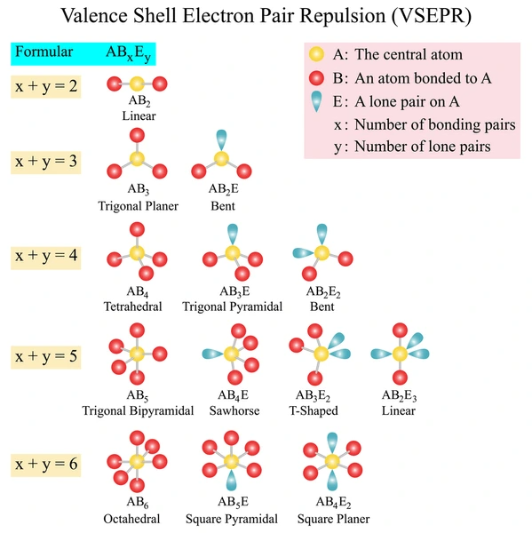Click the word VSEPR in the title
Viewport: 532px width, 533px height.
pos(432,16)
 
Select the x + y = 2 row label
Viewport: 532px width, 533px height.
pos(46,86)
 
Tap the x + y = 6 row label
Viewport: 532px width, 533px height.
pos(46,465)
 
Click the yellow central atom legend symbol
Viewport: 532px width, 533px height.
pos(316,54)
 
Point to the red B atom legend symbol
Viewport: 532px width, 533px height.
pos(316,78)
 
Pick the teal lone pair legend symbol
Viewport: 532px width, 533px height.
pos(316,101)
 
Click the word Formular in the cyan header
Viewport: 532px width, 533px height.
pos(44,52)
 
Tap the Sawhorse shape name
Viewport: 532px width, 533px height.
pos(234,410)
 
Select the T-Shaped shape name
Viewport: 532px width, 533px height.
pos(314,410)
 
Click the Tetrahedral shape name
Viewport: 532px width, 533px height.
pos(132,306)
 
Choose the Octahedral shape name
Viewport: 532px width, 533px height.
pos(131,519)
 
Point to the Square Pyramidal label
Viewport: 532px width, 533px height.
pos(232,519)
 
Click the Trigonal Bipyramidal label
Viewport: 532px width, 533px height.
pos(138,410)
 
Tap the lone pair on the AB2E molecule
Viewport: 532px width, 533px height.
pos(221,139)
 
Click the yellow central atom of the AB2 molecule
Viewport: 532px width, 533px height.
pos(137,84)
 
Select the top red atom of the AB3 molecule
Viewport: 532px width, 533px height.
pos(137,135)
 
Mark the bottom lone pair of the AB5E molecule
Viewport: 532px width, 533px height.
pos(231,481)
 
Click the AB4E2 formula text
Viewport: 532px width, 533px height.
pos(333,502)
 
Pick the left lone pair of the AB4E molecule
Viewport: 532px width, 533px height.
pos(213,354)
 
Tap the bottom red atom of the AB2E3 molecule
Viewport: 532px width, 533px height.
pos(400,378)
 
